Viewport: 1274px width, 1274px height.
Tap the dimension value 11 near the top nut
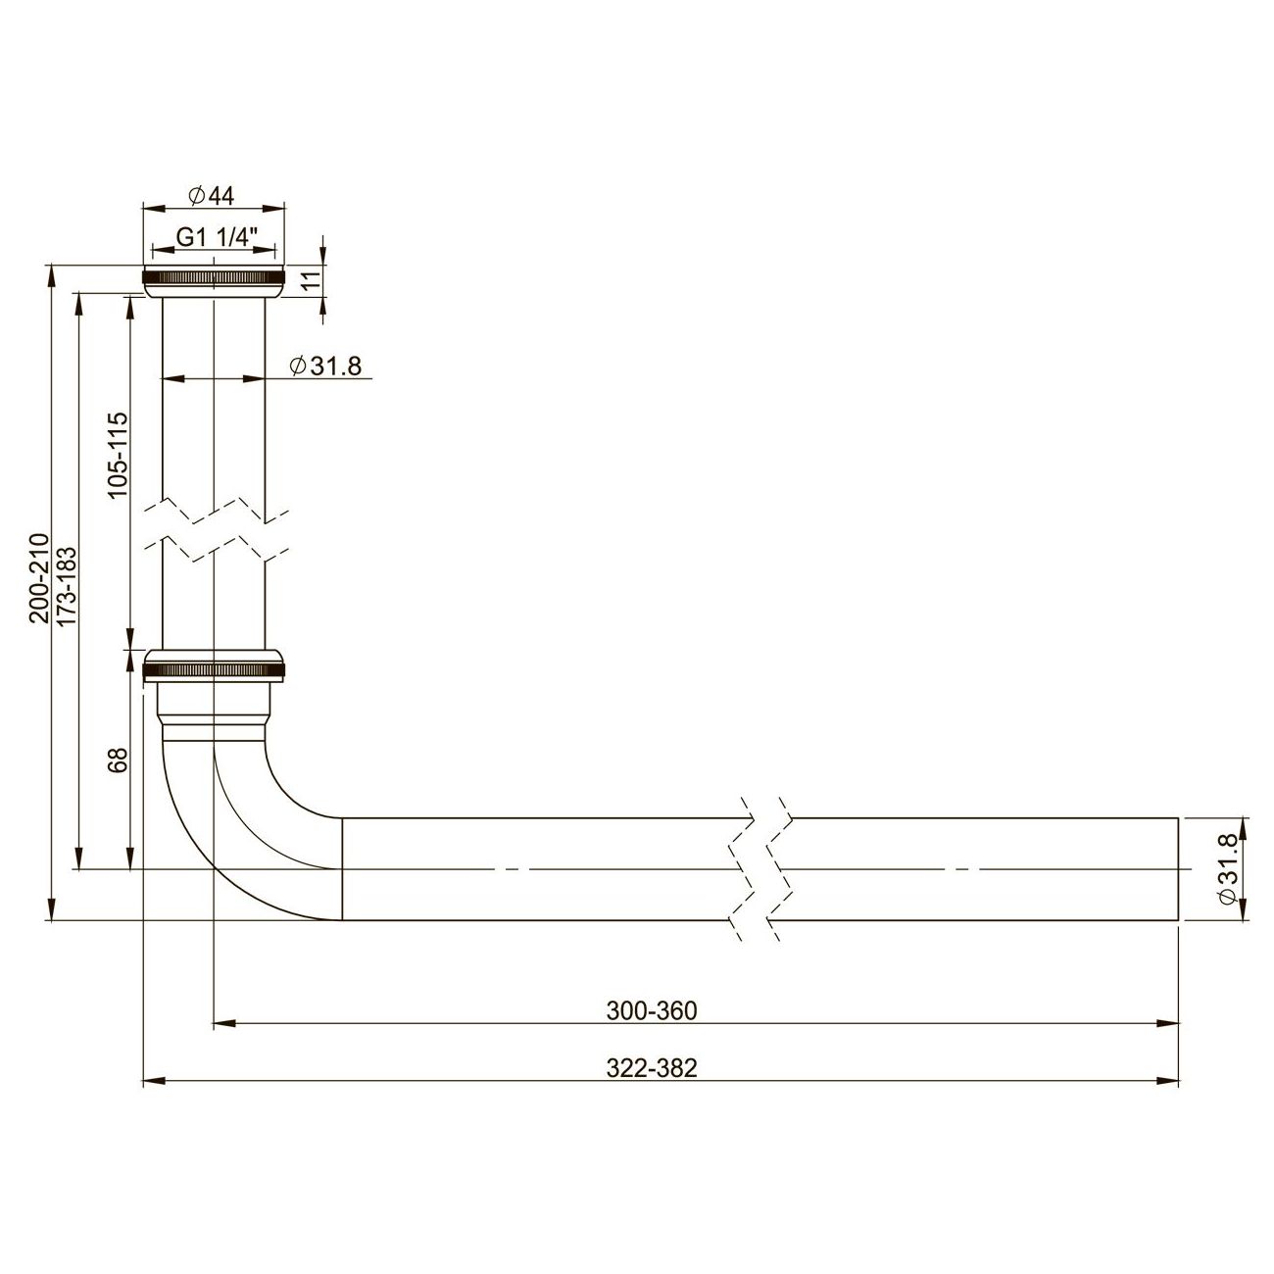coord(310,279)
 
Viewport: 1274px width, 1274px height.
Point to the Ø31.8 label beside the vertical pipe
coord(326,367)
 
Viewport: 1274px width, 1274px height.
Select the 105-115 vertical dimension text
coord(118,455)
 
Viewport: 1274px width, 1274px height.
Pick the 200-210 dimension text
coord(38,578)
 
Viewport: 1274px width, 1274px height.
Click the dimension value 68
coord(118,760)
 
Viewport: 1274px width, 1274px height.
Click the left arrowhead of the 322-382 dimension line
coord(153,1082)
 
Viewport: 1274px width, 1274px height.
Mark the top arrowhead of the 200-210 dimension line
coord(51,275)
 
